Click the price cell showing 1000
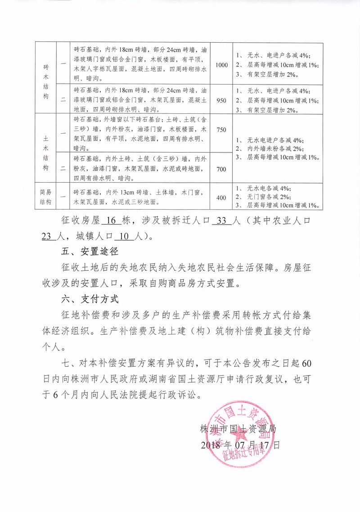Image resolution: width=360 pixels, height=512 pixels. click(222, 65)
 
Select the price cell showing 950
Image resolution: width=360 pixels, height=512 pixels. click(221, 100)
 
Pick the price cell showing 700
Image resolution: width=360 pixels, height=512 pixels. click(221, 169)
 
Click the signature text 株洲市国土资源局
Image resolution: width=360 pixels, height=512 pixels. click(238, 429)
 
